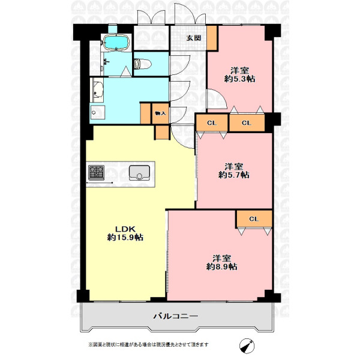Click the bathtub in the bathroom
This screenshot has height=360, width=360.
coord(116,42)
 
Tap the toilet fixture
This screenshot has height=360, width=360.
coord(142,64)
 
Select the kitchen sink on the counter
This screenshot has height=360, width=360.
coord(139,173)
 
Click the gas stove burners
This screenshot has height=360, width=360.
coord(97,173)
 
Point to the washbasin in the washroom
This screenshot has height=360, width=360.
coord(98,90)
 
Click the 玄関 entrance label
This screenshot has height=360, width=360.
coord(194,38)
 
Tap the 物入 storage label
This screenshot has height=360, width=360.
coord(160,113)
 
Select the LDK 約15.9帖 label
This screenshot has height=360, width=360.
coord(125,233)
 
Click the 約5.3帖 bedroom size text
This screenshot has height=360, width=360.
coord(239,79)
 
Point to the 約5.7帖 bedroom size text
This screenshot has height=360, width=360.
coord(234,175)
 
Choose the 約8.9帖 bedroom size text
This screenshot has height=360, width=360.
coord(221,266)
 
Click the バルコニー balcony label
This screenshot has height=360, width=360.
coord(176,316)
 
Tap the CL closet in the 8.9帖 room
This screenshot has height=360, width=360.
coord(254,219)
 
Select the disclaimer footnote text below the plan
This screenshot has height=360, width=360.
coord(149,344)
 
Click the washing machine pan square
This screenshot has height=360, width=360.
coord(98,112)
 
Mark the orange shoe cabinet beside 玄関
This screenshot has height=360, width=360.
coord(212,38)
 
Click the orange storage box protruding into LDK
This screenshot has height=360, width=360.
coord(162,133)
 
